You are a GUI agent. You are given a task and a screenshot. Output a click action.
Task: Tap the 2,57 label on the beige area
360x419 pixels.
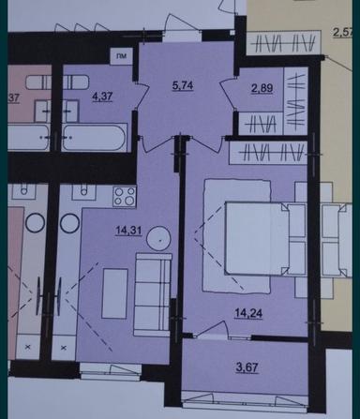coord(347,37)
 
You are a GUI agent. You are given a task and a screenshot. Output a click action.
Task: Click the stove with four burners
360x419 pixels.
coord(123,197)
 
